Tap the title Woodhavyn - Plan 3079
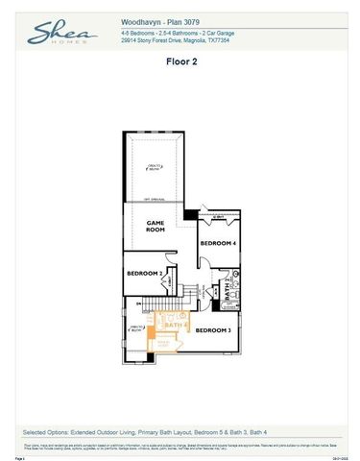click(157, 19)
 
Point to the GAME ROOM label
click(156, 227)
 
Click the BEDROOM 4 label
click(217, 244)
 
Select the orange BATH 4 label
click(174, 326)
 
